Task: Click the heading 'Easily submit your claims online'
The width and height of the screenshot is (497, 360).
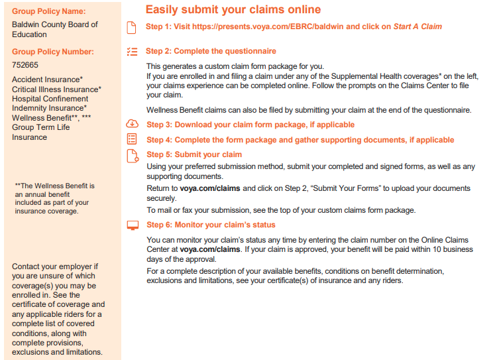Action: tap(233, 9)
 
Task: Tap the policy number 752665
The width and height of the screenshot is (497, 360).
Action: tap(25, 65)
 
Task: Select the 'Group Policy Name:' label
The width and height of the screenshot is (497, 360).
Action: tap(48, 11)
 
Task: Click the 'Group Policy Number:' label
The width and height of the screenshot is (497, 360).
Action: tap(52, 52)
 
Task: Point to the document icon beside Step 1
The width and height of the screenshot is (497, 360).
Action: tap(131, 27)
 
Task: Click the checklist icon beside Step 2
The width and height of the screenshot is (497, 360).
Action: tap(131, 51)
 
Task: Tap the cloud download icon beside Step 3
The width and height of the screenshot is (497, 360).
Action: tap(131, 124)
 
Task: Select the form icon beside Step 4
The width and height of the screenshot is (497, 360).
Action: tap(131, 139)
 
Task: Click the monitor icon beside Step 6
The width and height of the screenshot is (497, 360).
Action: tap(131, 225)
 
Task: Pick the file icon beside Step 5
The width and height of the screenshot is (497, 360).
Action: tap(131, 155)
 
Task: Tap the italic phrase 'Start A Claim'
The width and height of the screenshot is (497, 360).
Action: tap(417, 27)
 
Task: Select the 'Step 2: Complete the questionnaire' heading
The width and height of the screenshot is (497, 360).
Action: tap(211, 51)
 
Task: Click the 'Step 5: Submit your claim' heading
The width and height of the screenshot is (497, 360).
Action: tap(193, 154)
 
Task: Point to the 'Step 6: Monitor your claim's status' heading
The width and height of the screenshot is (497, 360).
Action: tap(210, 225)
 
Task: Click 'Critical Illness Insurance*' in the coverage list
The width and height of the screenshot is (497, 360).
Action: tap(56, 89)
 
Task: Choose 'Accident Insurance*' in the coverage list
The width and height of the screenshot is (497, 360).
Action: tap(47, 80)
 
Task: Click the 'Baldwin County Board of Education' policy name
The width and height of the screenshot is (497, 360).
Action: tap(54, 29)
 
